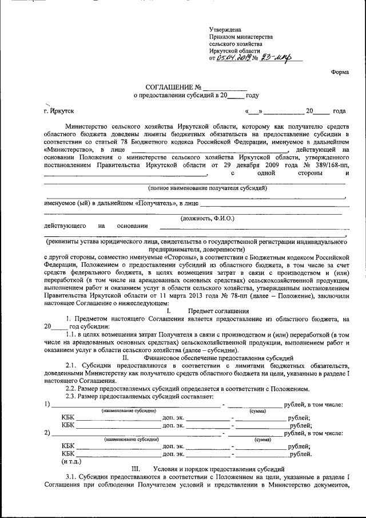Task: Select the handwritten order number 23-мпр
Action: click(x=276, y=57)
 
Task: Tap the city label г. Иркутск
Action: click(x=59, y=110)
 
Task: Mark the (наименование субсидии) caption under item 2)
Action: click(x=129, y=440)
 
